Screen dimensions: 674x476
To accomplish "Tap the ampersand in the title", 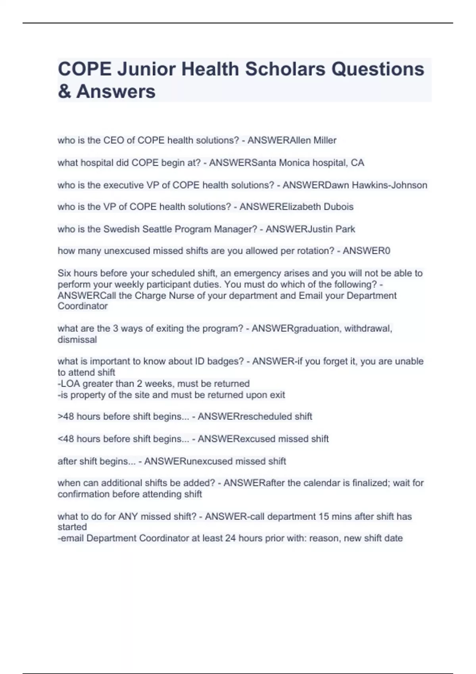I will click(x=64, y=92).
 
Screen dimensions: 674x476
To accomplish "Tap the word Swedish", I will click(x=121, y=229).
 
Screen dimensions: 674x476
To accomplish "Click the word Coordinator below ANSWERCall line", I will click(x=83, y=306).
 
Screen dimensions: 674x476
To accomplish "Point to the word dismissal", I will click(x=77, y=340).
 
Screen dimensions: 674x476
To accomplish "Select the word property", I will click(x=84, y=395).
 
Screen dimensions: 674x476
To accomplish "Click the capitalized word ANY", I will click(x=129, y=517).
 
